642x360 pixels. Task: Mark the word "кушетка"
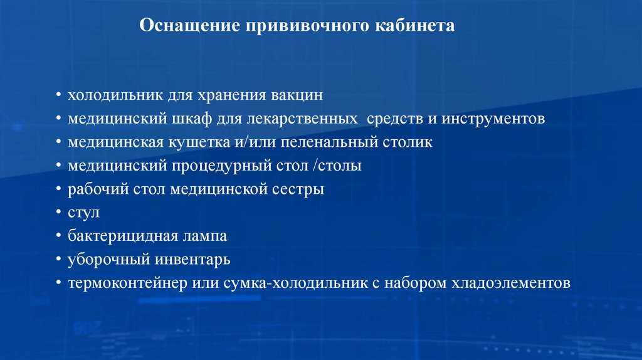[x=190, y=142]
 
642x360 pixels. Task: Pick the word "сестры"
[x=300, y=189]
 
